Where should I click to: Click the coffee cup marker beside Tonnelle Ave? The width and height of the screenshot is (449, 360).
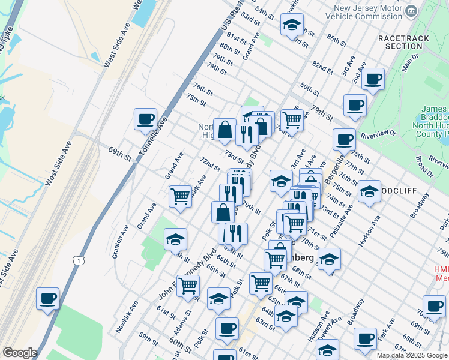(x=145, y=119)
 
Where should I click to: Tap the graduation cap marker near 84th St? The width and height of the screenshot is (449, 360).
(x=292, y=25)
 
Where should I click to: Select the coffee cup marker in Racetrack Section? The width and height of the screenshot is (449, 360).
(x=373, y=79)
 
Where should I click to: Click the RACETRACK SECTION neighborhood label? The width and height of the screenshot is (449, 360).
(x=400, y=41)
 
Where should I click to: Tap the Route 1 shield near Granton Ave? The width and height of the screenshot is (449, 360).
(x=77, y=259)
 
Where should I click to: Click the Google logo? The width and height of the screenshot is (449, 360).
(x=20, y=353)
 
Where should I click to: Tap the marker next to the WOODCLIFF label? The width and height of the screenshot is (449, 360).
(x=369, y=192)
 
